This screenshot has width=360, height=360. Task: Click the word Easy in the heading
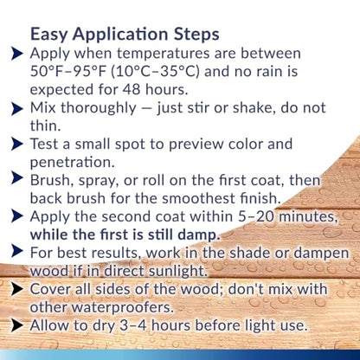(48, 35)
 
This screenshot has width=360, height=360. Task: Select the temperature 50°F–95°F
(68, 71)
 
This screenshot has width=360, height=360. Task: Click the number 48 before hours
(132, 89)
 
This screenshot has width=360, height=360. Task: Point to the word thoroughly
(98, 108)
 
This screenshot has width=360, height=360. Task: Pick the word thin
(45, 125)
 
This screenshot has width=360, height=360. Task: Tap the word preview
(196, 145)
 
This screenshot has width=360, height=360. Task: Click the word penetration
(72, 163)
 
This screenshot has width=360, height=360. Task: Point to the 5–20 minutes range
(288, 217)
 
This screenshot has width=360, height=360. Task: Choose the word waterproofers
(122, 307)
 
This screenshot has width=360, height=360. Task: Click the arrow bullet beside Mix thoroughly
(16, 109)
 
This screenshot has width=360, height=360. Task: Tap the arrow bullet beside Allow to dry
(16, 326)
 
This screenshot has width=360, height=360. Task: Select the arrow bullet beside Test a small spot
(16, 145)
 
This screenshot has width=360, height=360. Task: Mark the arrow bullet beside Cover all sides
(16, 290)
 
